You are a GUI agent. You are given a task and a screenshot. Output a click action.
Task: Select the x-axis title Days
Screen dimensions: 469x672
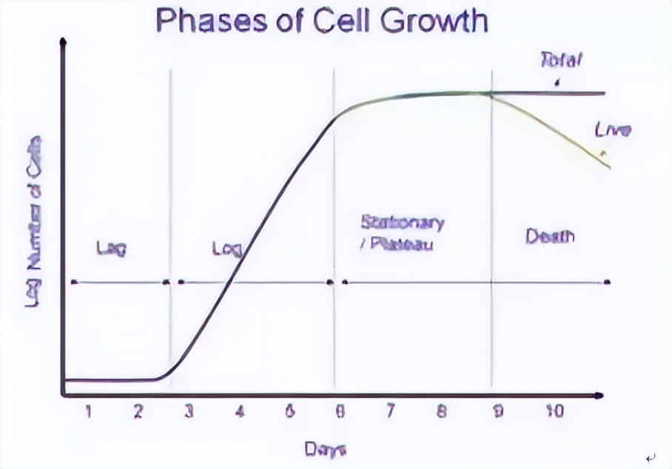[325, 448]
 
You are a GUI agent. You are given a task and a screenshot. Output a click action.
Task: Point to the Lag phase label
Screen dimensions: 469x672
[111, 249]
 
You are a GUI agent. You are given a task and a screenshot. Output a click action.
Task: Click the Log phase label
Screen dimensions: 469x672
[227, 249]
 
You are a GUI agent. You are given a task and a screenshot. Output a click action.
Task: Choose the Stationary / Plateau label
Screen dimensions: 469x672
[402, 232]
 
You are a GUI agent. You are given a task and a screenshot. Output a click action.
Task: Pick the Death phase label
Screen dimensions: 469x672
[550, 237]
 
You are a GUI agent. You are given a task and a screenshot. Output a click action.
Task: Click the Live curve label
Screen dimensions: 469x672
[613, 131]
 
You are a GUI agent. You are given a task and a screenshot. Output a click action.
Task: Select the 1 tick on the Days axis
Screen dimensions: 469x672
[87, 413]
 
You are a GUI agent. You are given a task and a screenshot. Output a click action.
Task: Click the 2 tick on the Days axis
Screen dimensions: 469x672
[138, 413]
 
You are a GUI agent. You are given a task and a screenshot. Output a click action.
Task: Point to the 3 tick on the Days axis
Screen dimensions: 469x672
[189, 413]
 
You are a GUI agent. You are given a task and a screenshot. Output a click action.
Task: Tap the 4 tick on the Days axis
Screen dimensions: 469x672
[239, 413]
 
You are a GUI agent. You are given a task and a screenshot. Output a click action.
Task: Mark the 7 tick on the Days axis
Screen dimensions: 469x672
[390, 413]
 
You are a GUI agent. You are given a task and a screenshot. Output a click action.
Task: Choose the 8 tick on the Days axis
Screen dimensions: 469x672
[441, 413]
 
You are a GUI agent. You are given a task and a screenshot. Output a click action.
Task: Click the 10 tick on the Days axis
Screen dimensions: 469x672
[554, 413]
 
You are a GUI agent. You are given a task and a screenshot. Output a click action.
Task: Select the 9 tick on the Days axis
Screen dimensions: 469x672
[498, 413]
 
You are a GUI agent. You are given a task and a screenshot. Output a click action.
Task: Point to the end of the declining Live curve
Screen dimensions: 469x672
[609, 166]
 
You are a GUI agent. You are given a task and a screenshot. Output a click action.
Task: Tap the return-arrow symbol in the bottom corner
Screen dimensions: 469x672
[650, 459]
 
